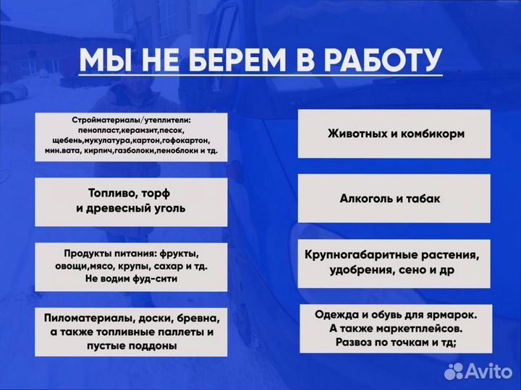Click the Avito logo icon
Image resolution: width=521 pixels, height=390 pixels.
pos(455,370)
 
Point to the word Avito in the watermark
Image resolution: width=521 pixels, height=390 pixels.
pos(488,370)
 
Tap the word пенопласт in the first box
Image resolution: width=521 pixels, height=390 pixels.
pos(79,130)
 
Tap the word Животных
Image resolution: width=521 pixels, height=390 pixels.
pos(355,134)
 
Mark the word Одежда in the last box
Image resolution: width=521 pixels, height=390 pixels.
pos(337,314)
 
